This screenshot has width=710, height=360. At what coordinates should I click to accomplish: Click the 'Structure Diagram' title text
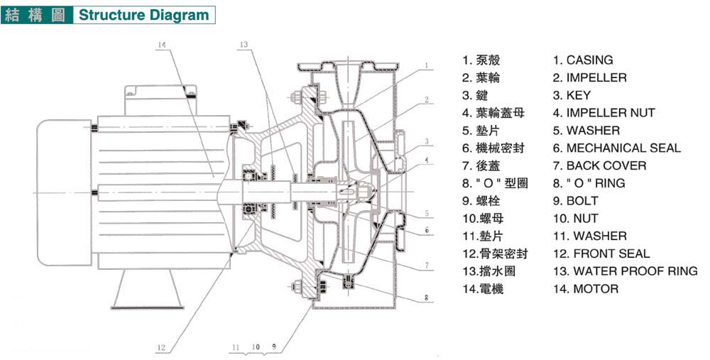pyautogui.click(x=143, y=15)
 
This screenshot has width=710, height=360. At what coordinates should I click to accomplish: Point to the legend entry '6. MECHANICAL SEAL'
pyautogui.click(x=616, y=148)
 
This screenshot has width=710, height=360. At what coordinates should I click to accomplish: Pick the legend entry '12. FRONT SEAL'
pyautogui.click(x=601, y=253)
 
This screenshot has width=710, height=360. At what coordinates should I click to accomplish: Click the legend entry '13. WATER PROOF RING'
pyautogui.click(x=625, y=271)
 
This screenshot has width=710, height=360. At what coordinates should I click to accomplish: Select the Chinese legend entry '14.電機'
pyautogui.click(x=483, y=289)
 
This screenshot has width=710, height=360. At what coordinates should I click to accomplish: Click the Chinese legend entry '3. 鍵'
pyautogui.click(x=476, y=95)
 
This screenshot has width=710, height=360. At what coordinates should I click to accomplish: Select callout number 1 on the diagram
pyautogui.click(x=428, y=65)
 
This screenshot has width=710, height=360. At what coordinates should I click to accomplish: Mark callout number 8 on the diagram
pyautogui.click(x=428, y=299)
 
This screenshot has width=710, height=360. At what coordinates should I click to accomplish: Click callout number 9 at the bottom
pyautogui.click(x=273, y=347)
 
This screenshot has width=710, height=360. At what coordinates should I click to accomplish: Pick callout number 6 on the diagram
pyautogui.click(x=428, y=229)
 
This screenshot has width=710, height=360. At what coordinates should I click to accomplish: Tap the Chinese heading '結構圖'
pyautogui.click(x=35, y=15)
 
